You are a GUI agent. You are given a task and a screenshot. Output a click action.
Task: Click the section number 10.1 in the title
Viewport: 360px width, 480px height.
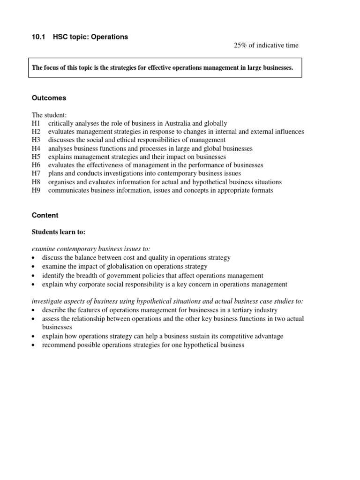point(38,37)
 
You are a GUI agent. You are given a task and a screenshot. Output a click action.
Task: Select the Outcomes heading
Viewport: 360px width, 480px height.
point(49,98)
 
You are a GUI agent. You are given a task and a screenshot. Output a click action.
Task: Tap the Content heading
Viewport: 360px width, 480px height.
point(45,215)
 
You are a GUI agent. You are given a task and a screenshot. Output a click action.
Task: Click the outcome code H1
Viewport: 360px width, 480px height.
point(36,123)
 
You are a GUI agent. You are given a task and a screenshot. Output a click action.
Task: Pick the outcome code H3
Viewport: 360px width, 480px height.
point(36,140)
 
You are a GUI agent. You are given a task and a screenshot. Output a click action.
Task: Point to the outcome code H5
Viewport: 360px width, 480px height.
point(36,157)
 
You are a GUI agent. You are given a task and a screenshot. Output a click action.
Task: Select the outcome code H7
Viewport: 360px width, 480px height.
point(36,173)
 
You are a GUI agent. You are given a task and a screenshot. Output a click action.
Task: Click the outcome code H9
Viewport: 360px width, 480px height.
point(36,190)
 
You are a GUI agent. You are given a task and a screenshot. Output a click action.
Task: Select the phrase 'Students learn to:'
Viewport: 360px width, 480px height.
point(59,232)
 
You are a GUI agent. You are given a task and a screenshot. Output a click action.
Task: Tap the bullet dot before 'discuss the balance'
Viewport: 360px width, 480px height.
point(34,258)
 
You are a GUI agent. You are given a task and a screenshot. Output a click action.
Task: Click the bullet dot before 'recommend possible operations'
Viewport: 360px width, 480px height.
point(34,345)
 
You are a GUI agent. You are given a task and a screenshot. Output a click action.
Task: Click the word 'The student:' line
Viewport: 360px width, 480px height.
point(49,115)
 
